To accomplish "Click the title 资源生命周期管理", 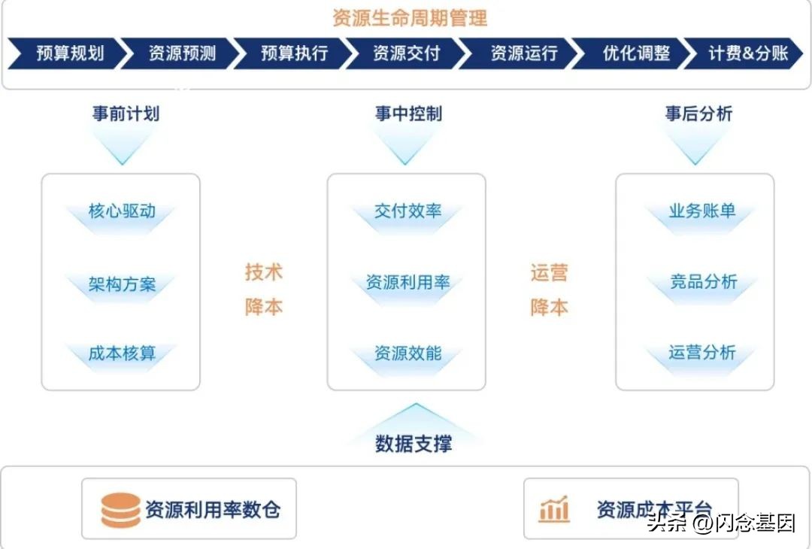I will (x=410, y=17).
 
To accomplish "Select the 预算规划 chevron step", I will (x=69, y=53).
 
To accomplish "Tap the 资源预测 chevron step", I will (x=182, y=53).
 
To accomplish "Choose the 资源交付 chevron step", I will (x=406, y=53).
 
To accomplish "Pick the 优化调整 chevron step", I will (x=635, y=53).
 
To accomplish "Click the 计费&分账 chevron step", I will (x=747, y=53).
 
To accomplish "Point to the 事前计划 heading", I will (x=126, y=114).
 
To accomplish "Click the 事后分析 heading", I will (x=698, y=114).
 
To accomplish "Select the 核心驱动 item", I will (x=122, y=211).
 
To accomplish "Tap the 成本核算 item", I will (x=122, y=353).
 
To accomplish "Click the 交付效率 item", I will (x=408, y=211).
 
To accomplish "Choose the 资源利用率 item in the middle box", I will (x=408, y=283).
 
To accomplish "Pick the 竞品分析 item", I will (x=703, y=282).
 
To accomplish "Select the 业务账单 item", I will (x=702, y=211).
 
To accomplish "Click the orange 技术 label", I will (x=263, y=272).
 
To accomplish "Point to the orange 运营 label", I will (x=549, y=273).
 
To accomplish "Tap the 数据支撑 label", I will (x=414, y=444).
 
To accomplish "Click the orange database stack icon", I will (x=120, y=510).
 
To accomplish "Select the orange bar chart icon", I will (x=554, y=510).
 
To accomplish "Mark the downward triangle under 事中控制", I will (x=406, y=147).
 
